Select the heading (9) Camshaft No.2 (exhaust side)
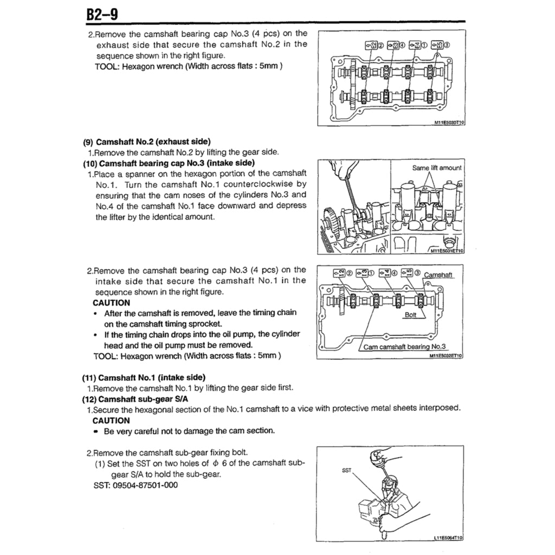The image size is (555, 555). point(146,143)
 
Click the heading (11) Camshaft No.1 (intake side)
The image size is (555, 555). point(144,377)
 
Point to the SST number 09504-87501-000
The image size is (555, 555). point(145,485)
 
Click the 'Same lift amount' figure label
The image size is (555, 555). point(437,168)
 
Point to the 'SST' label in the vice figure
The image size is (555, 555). point(346,470)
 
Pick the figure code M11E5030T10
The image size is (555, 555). point(449,123)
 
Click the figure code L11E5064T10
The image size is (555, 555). point(449,539)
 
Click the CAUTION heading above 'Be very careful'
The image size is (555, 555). point(111,420)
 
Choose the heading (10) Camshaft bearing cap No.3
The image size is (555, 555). point(169,163)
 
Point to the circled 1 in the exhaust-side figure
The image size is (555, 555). point(424,45)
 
